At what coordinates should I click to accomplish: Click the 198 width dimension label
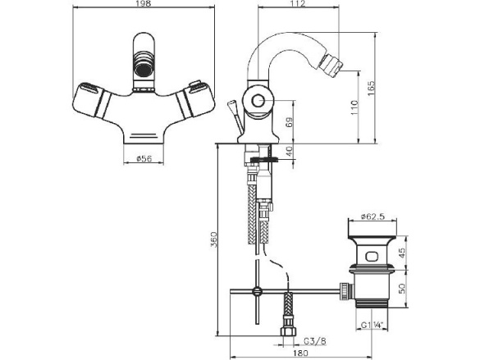pyautogui.click(x=144, y=3)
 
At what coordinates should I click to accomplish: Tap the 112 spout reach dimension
pyautogui.click(x=299, y=3)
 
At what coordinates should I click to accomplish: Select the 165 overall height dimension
pyautogui.click(x=371, y=89)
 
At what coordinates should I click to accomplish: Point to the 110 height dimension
pyautogui.click(x=354, y=107)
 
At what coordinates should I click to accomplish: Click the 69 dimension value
pyautogui.click(x=290, y=122)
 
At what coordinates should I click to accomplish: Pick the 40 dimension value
pyautogui.click(x=290, y=151)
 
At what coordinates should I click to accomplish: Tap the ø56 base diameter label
pyautogui.click(x=144, y=158)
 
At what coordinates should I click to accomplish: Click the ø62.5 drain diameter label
pyautogui.click(x=373, y=216)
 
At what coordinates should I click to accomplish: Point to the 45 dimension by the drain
pyautogui.click(x=402, y=253)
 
